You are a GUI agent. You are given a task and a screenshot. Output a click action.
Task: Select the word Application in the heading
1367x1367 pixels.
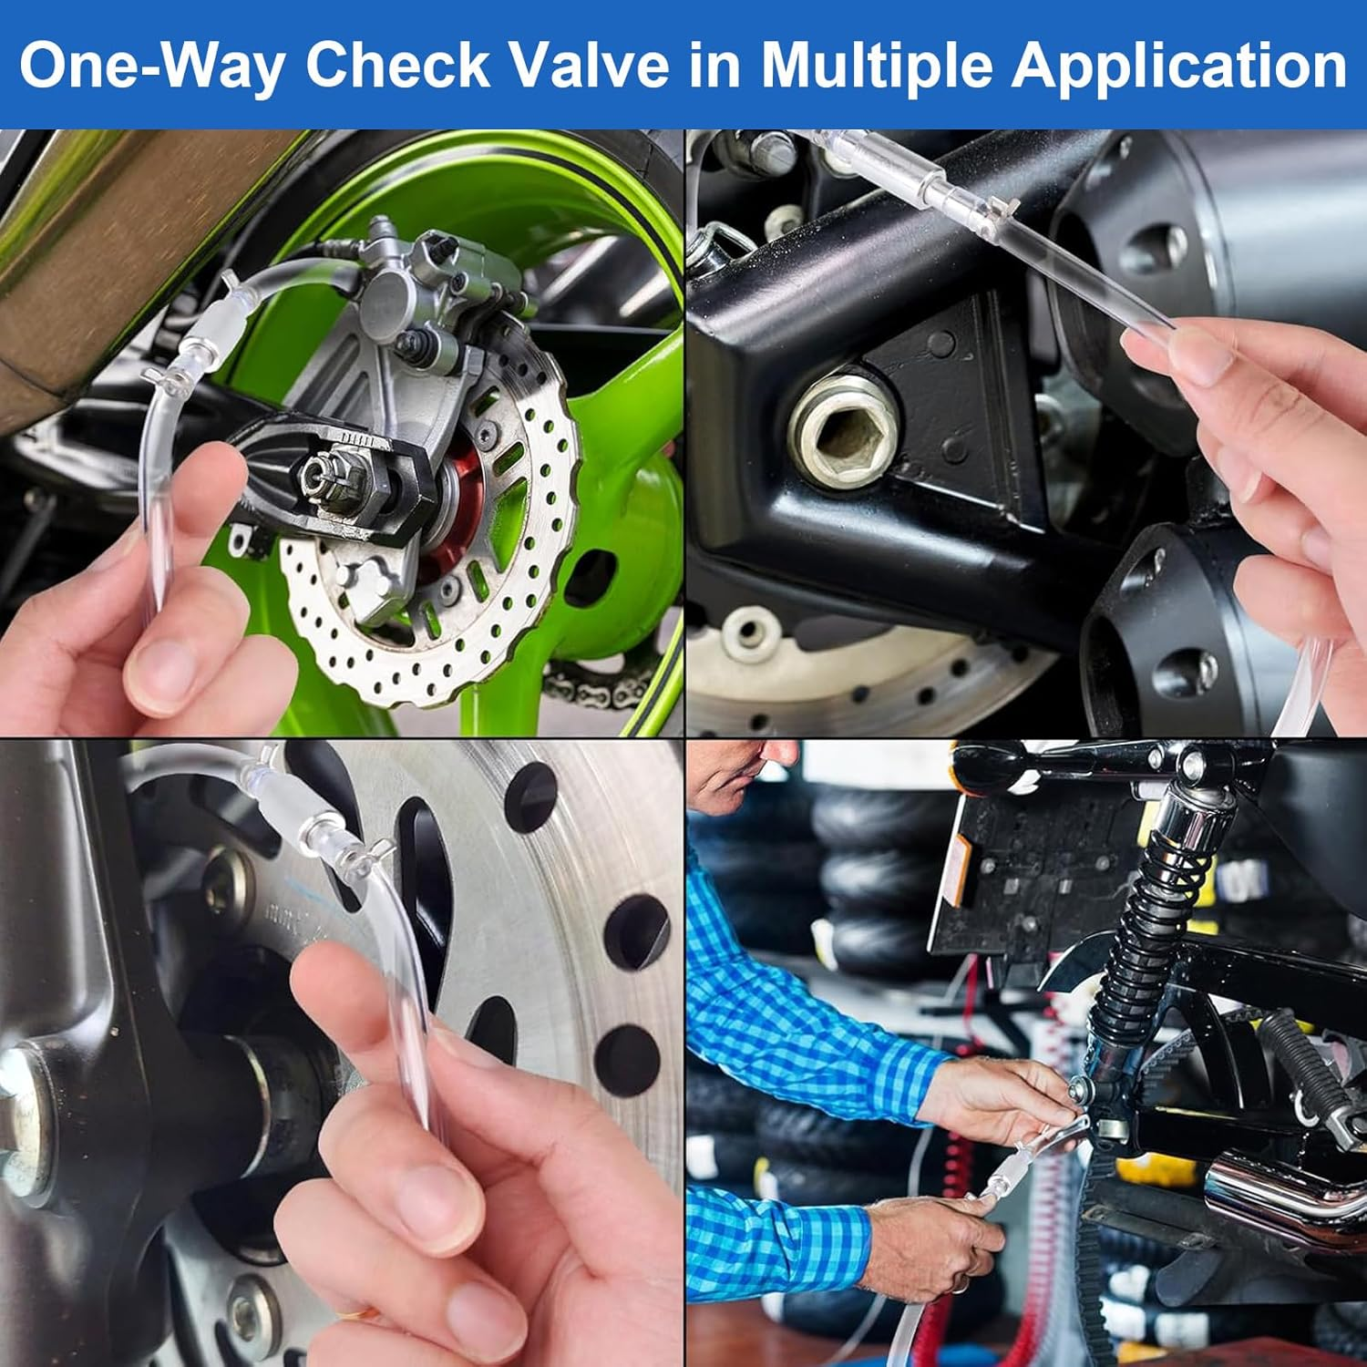click(1178, 66)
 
